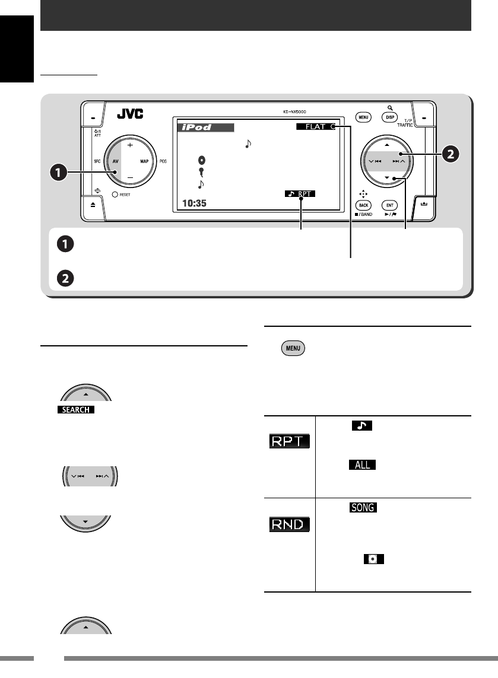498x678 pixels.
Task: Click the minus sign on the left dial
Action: pyautogui.click(x=129, y=177)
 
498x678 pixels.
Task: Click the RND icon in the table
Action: pyautogui.click(x=288, y=524)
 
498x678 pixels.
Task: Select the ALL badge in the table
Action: pyautogui.click(x=363, y=464)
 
